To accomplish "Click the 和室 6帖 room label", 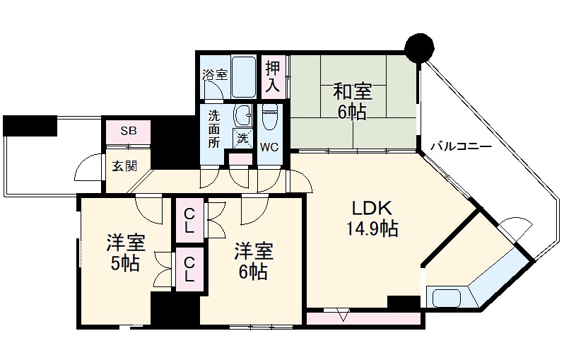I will coord(351,101).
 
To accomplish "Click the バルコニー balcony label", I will coord(460,147).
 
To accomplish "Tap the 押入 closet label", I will coord(274,77).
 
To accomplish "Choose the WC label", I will coord(269,147).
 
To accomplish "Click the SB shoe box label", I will coord(128,132).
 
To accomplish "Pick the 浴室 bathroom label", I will coord(214,74).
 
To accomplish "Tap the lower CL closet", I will coord(189,269).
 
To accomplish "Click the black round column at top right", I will coord(419,47).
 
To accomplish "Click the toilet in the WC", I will coord(269,117).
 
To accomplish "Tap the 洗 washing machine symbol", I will coord(243,139).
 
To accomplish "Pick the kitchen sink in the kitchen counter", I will coord(445,297).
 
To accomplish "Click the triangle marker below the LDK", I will coord(342,315).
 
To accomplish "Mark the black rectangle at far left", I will coord(30,126).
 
